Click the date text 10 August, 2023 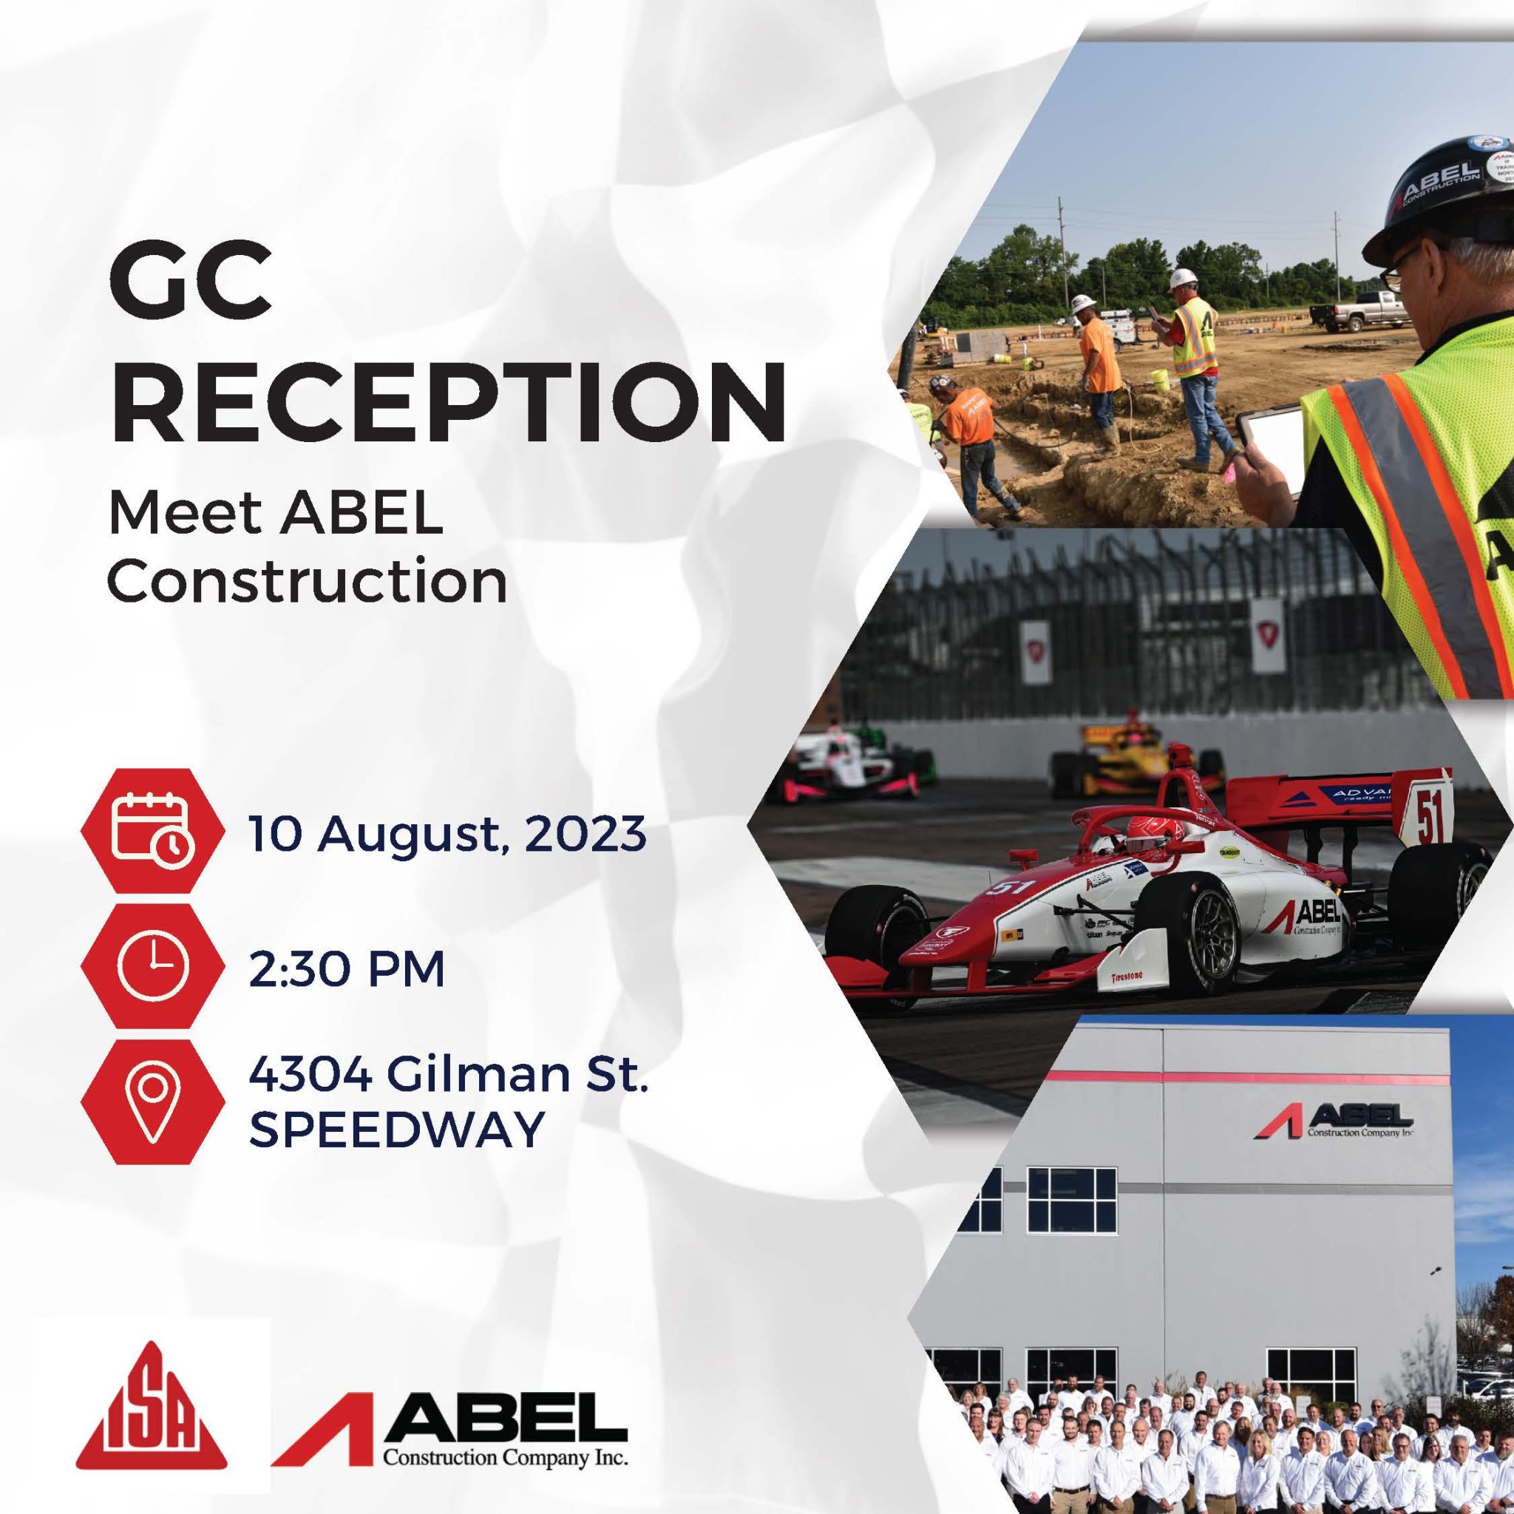pyautogui.click(x=447, y=834)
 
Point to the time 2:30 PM pyautogui.click(x=347, y=970)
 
